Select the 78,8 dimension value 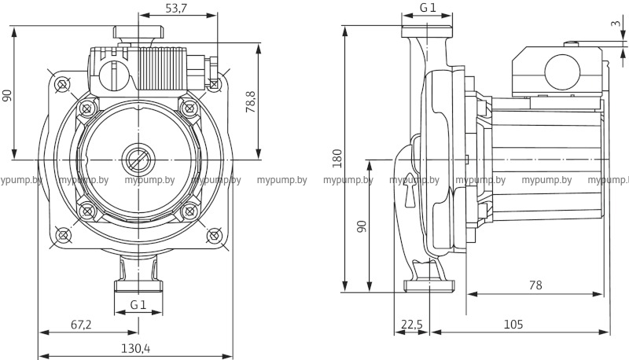[x=250, y=101]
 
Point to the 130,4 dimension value [x=136, y=348]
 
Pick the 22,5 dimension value [x=411, y=325]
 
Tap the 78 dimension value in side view [x=535, y=286]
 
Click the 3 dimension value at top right [x=614, y=23]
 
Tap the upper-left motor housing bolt [x=87, y=105]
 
